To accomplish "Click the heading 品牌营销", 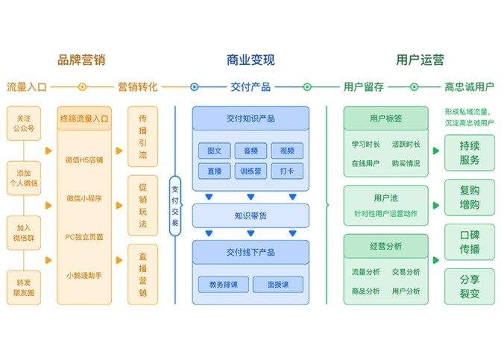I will pyautogui.click(x=81, y=60).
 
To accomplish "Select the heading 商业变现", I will pyautogui.click(x=251, y=60).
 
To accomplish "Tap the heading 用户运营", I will pyautogui.click(x=420, y=60).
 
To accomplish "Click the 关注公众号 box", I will pyautogui.click(x=23, y=122).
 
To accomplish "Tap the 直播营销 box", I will pyautogui.click(x=142, y=275).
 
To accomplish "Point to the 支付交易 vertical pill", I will pyautogui.click(x=175, y=200).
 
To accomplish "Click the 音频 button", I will pyautogui.click(x=250, y=151).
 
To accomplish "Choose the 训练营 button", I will pyautogui.click(x=250, y=171).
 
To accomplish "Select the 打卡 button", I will pyautogui.click(x=286, y=171).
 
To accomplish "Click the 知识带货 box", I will pyautogui.click(x=250, y=216).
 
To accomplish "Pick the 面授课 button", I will pyautogui.click(x=277, y=284).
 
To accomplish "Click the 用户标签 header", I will pyautogui.click(x=385, y=119).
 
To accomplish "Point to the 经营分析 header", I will pyautogui.click(x=385, y=245).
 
